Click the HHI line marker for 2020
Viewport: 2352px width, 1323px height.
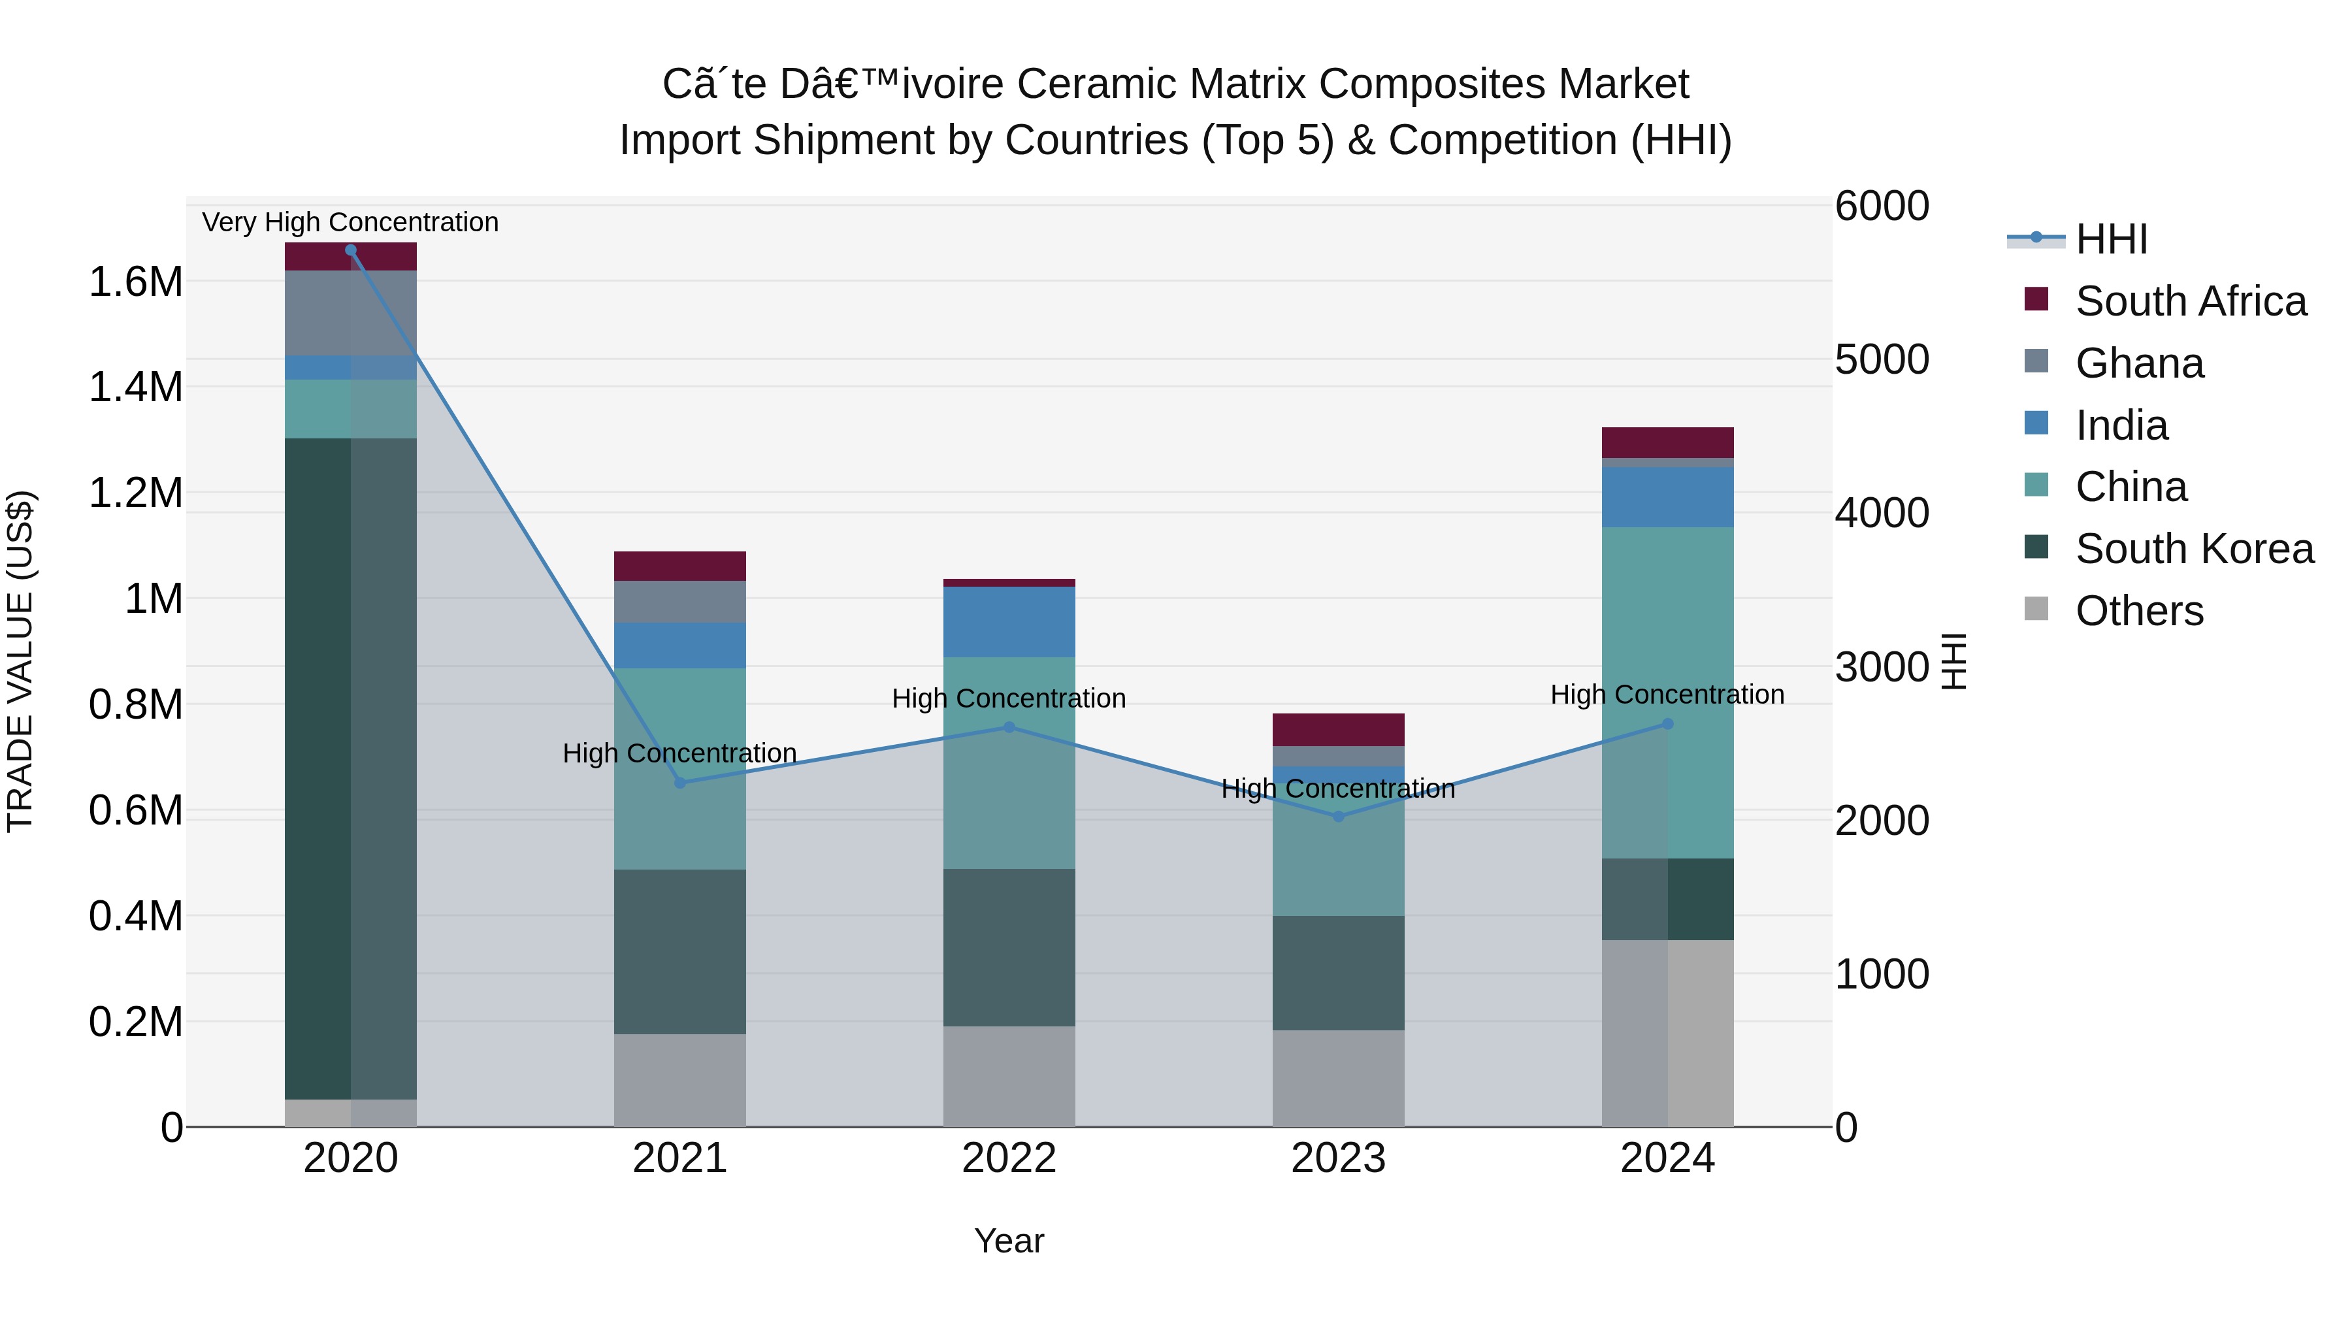click(x=351, y=250)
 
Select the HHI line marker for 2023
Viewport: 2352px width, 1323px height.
click(x=1339, y=816)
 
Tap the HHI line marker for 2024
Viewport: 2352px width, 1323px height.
click(x=1667, y=724)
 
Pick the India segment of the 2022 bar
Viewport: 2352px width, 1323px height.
click(x=1009, y=622)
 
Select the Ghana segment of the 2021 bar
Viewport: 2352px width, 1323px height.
click(x=679, y=602)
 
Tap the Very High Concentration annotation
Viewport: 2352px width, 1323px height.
click(x=351, y=222)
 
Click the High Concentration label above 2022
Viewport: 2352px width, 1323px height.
click(x=1009, y=698)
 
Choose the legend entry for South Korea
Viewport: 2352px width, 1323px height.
click(x=2194, y=549)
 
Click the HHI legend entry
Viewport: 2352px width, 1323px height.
click(x=2111, y=239)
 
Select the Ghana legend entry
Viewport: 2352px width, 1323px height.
click(x=2139, y=363)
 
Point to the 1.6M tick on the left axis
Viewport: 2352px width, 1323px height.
click(x=135, y=282)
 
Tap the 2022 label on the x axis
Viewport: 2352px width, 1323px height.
click(x=1009, y=1158)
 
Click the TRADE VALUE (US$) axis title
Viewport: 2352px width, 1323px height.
click(x=20, y=661)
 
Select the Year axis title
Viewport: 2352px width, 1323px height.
click(x=1009, y=1241)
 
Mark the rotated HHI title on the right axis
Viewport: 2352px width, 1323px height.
click(x=1953, y=661)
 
